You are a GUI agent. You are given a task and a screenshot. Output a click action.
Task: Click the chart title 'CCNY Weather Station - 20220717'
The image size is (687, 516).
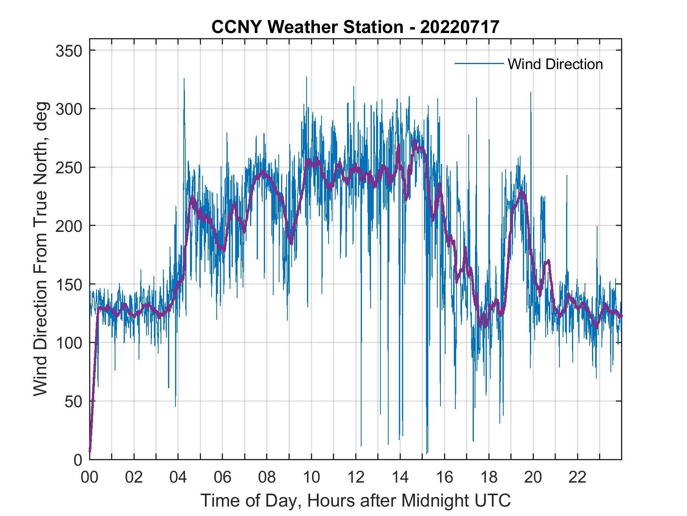pyautogui.click(x=355, y=27)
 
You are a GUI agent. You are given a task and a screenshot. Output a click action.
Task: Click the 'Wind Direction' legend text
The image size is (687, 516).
pyautogui.click(x=555, y=64)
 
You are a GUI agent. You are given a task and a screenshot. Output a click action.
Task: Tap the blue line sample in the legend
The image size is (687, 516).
pyautogui.click(x=479, y=64)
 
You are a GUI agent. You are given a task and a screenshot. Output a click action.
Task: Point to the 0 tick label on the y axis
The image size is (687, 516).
pyautogui.click(x=78, y=459)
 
